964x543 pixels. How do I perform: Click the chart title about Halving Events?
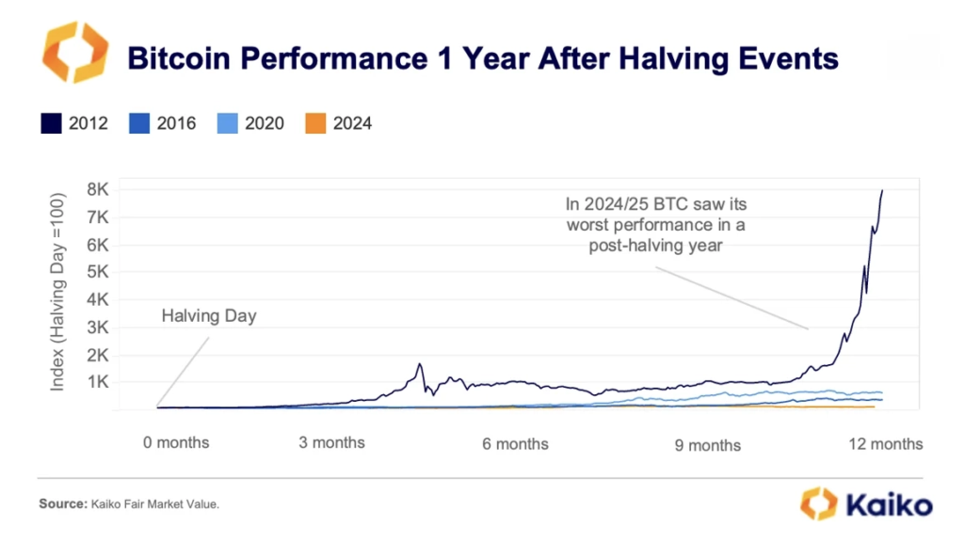[x=482, y=59]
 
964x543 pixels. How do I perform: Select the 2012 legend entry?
[x=74, y=123]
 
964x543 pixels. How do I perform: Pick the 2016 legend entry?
[x=163, y=123]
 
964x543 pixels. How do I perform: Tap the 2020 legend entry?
[x=249, y=123]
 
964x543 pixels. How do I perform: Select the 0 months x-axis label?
[x=176, y=442]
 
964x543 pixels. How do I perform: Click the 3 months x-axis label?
[x=331, y=442]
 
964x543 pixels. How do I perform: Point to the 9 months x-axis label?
[x=707, y=445]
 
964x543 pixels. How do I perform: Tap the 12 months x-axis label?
[x=884, y=443]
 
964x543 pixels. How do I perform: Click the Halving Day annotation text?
[x=209, y=316]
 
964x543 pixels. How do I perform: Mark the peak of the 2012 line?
[x=882, y=191]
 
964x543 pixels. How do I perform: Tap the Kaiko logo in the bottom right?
[x=866, y=503]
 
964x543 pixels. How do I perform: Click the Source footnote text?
[x=129, y=504]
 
